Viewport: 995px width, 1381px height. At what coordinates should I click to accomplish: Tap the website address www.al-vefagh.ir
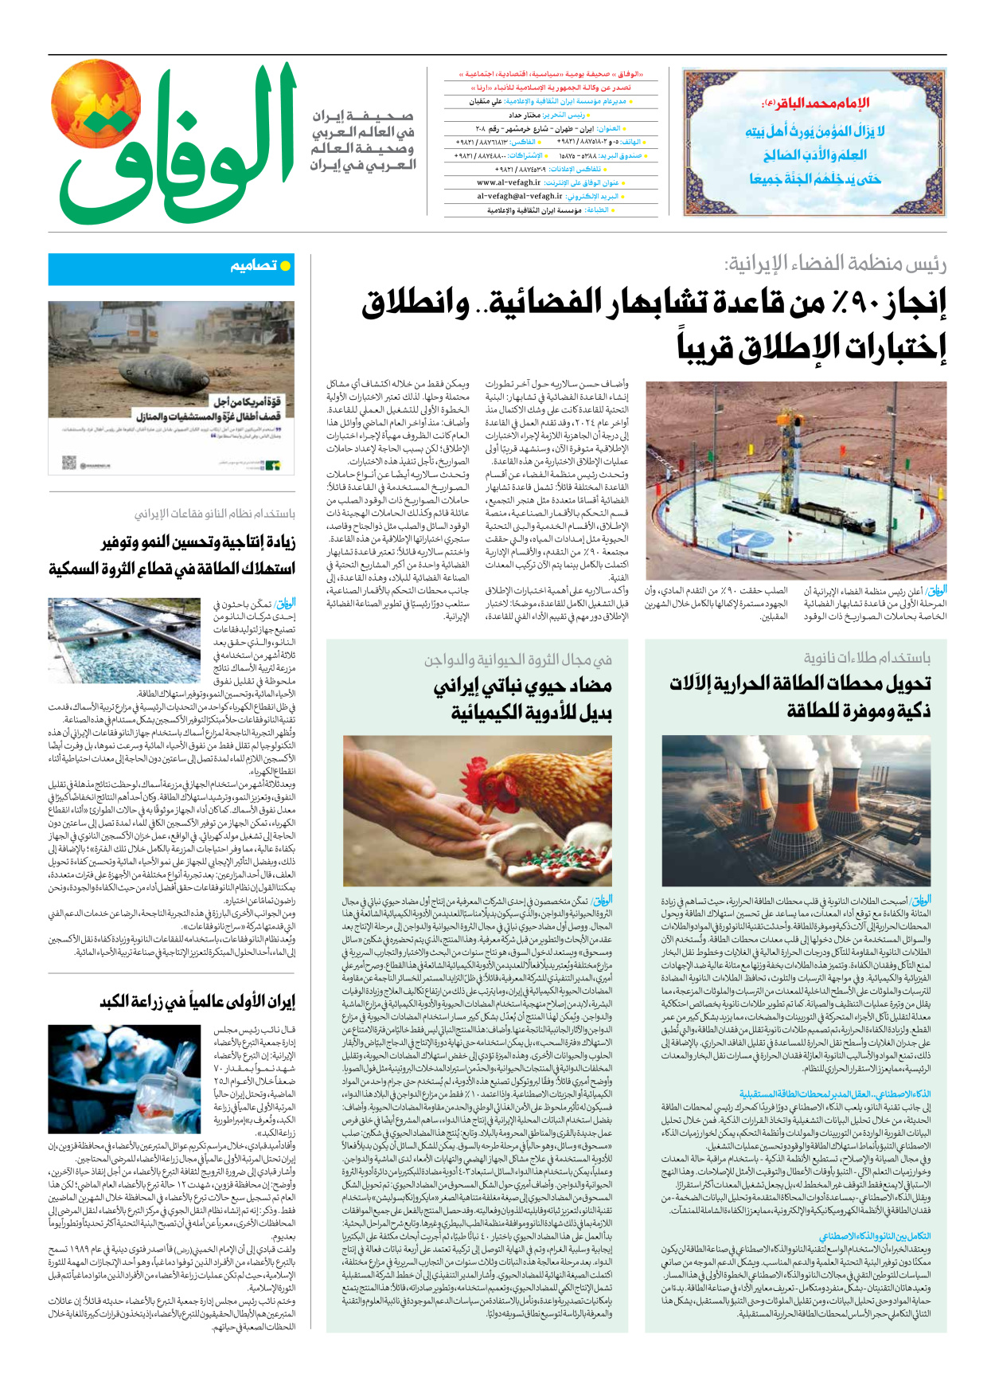pyautogui.click(x=509, y=182)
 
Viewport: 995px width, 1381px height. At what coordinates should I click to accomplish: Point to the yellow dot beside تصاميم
pyautogui.click(x=286, y=266)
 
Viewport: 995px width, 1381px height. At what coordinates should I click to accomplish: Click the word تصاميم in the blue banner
pyautogui.click(x=253, y=266)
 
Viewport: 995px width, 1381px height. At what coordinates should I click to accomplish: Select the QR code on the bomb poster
pyautogui.click(x=69, y=463)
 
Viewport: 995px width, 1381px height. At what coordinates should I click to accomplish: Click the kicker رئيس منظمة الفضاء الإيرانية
pyautogui.click(x=835, y=264)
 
